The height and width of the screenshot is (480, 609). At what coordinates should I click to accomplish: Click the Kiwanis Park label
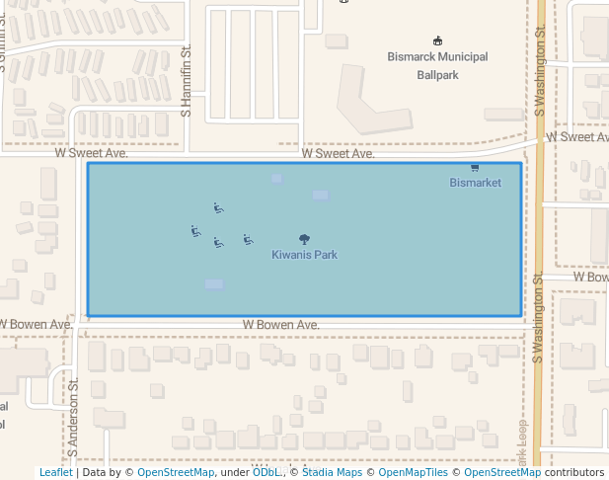point(304,255)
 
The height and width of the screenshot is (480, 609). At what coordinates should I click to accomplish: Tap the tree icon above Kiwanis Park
point(304,239)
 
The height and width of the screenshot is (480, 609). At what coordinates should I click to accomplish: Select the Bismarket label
point(475,183)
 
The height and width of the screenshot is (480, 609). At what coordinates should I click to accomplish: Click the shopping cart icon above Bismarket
point(475,169)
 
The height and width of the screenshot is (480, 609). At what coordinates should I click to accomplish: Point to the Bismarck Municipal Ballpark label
point(437,65)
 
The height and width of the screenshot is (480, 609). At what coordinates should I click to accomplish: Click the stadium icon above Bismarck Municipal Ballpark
point(438,41)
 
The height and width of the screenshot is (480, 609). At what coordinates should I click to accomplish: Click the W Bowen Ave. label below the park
point(281,325)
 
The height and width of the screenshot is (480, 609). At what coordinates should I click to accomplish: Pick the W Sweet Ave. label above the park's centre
point(339,153)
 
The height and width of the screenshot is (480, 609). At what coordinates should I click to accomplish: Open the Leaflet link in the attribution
point(55,473)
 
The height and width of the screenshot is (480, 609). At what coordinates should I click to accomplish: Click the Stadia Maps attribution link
point(332,473)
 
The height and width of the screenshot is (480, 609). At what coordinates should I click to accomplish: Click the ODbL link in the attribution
point(266,473)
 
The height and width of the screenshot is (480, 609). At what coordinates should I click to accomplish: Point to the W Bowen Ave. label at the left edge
point(35,324)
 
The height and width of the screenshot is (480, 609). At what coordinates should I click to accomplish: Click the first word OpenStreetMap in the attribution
point(176,473)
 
